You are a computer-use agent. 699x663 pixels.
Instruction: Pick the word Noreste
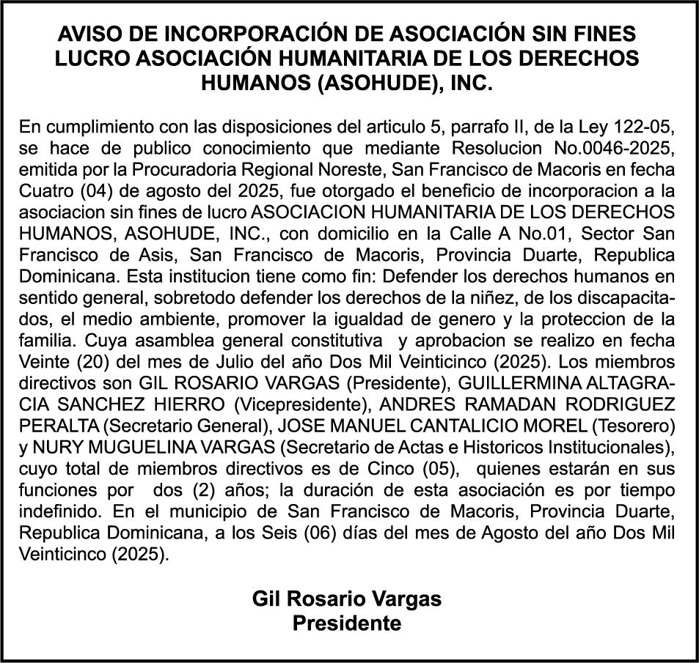click(x=349, y=170)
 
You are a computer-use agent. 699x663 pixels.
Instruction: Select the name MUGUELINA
click(x=126, y=446)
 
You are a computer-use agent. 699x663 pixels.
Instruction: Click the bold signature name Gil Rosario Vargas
click(x=347, y=599)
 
